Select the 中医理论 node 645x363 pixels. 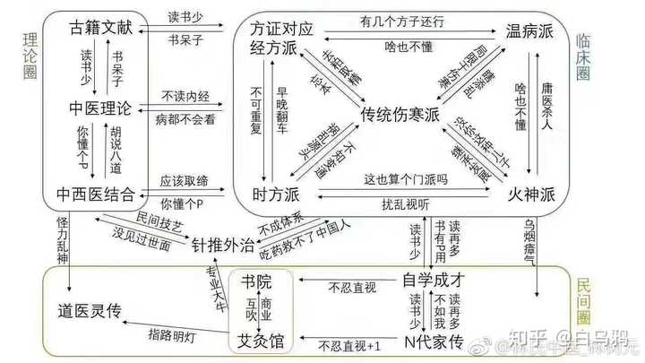coord(100,109)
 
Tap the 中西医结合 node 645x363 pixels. coord(96,194)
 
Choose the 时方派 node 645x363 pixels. coord(277,193)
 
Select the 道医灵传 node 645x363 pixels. coord(98,312)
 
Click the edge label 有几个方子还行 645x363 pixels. coord(403,20)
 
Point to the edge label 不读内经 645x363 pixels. coord(186,95)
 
